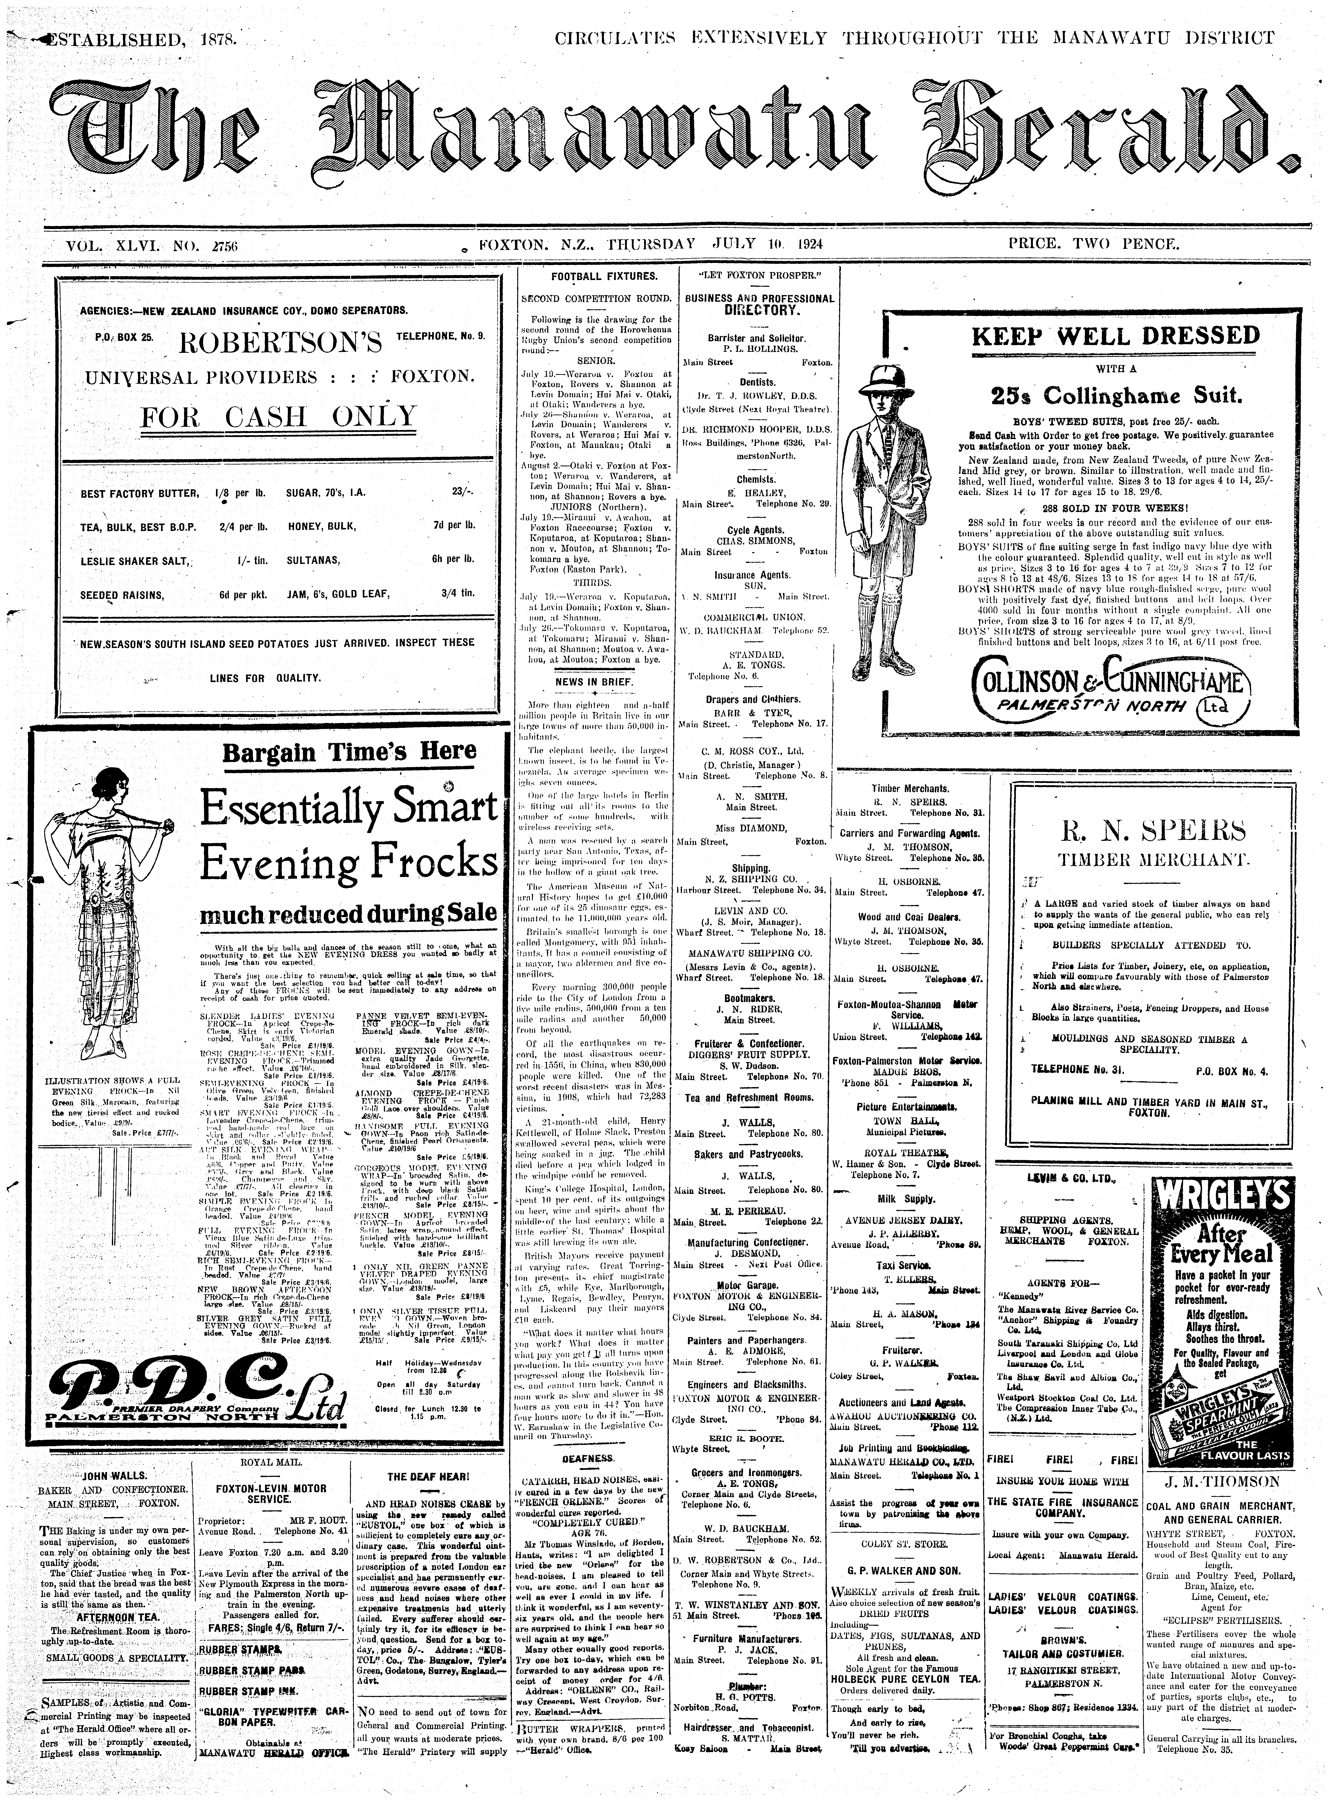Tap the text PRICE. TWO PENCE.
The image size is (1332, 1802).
(x=1093, y=243)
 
